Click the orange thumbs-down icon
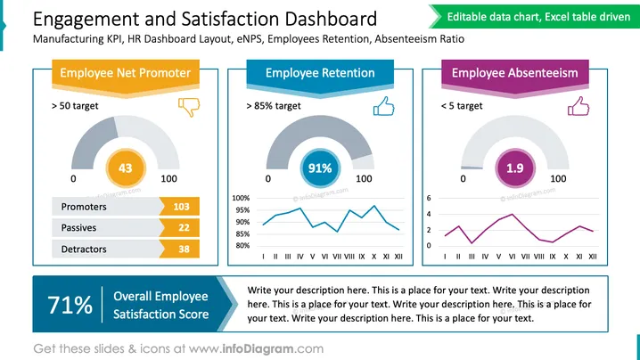pos(189,107)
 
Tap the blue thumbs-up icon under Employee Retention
pos(383,107)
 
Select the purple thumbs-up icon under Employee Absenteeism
pos(578,107)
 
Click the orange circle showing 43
pos(126,168)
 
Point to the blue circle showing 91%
pos(320,168)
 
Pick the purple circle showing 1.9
pos(514,168)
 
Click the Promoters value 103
pos(181,207)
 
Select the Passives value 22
pos(184,228)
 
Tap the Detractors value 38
pos(184,249)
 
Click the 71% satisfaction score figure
pos(70,305)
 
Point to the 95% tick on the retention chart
pos(241,210)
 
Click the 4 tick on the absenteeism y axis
pos(429,214)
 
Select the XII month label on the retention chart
pos(398,257)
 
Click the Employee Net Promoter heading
pos(126,73)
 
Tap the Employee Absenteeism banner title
pos(514,73)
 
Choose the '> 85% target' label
pos(274,106)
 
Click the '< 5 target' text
pos(462,106)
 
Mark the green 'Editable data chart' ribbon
pos(534,17)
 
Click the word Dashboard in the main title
pos(331,19)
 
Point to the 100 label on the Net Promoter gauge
pos(168,178)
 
